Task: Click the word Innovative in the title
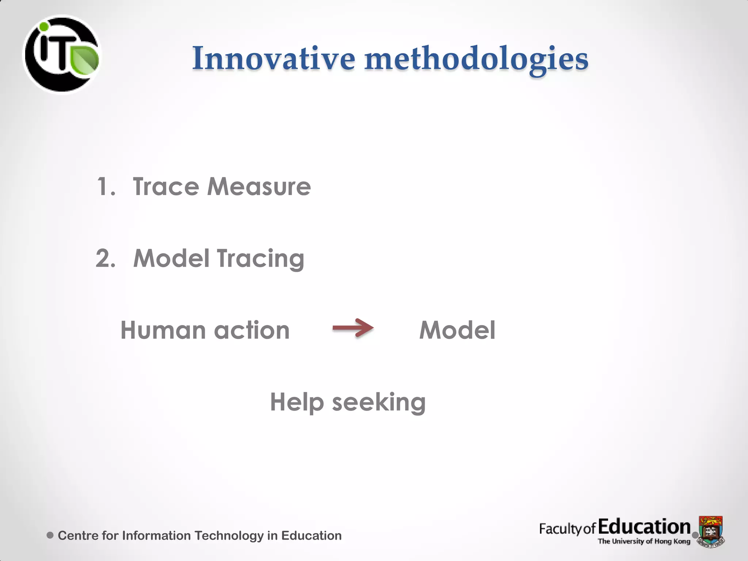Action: click(x=274, y=58)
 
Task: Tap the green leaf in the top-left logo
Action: click(x=85, y=60)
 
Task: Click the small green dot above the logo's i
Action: click(x=44, y=27)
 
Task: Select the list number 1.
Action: click(x=105, y=187)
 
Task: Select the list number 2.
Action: click(x=105, y=258)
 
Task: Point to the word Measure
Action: click(x=259, y=187)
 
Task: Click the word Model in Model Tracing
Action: click(x=171, y=258)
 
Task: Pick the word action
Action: click(x=252, y=330)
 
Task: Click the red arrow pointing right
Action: click(x=353, y=328)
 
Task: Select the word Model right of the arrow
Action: click(x=457, y=330)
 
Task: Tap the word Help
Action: click(x=297, y=402)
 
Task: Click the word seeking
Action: click(x=379, y=402)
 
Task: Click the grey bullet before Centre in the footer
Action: click(x=50, y=535)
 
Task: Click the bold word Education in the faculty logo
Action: click(x=644, y=527)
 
